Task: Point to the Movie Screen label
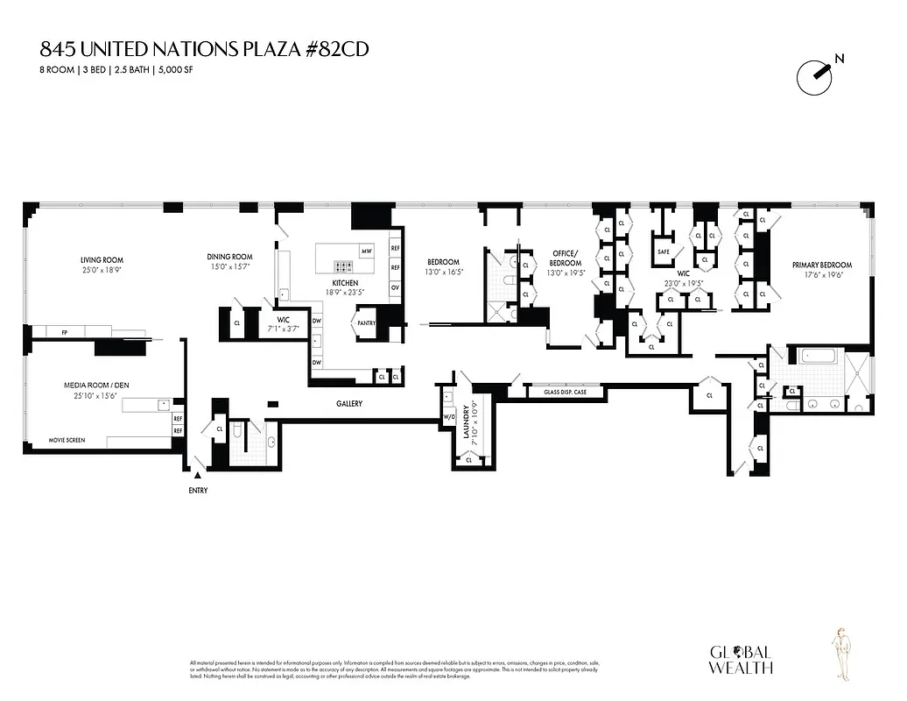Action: (x=67, y=440)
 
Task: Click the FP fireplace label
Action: (x=64, y=333)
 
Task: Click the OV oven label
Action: (x=395, y=287)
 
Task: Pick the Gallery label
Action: (x=348, y=404)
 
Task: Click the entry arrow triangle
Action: (x=197, y=476)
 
